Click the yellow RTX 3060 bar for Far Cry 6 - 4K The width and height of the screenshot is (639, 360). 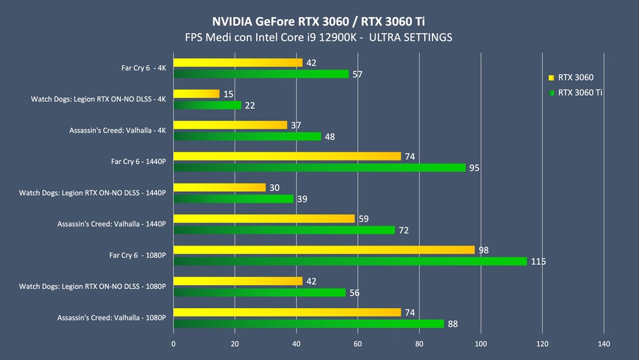pyautogui.click(x=238, y=63)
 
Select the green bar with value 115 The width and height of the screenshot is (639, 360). pyautogui.click(x=350, y=261)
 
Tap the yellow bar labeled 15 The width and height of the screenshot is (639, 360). pyautogui.click(x=196, y=94)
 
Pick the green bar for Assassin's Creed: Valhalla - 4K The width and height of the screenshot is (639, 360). pyautogui.click(x=247, y=136)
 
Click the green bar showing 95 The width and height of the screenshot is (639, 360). pyautogui.click(x=319, y=168)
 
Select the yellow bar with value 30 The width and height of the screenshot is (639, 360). pyautogui.click(x=219, y=187)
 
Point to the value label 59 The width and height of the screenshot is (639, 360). pyautogui.click(x=363, y=219)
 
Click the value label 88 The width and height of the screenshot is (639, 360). pyautogui.click(x=452, y=324)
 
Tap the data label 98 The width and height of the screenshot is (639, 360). pyautogui.click(x=483, y=250)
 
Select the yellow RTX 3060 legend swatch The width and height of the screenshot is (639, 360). pyautogui.click(x=551, y=77)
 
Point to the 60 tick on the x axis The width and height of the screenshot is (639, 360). pyautogui.click(x=358, y=344)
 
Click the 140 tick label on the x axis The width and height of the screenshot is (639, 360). pyautogui.click(x=604, y=344)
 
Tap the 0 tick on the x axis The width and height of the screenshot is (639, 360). pyautogui.click(x=173, y=344)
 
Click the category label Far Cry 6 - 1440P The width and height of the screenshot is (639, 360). pyautogui.click(x=138, y=161)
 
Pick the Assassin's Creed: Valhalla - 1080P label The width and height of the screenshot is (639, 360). pyautogui.click(x=111, y=317)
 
